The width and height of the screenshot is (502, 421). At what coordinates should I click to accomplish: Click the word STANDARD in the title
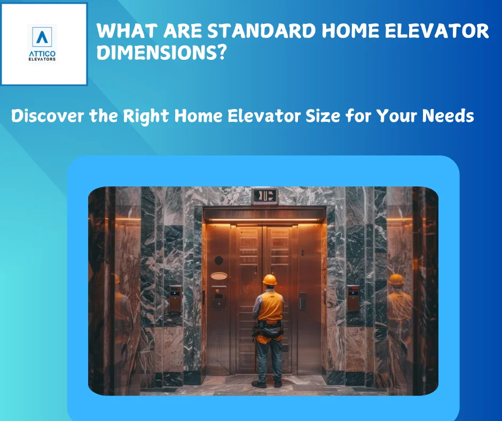[x=262, y=31]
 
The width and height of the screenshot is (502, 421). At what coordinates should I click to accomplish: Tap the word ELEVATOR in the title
[x=437, y=31]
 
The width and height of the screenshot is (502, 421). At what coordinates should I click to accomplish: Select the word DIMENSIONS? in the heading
[x=161, y=52]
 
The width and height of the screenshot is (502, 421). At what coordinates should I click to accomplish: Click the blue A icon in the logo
[x=42, y=37]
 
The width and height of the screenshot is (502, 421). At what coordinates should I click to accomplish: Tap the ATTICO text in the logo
[x=42, y=53]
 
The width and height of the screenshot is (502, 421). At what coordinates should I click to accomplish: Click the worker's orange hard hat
[x=269, y=280]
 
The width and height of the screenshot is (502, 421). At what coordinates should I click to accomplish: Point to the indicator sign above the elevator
[x=264, y=196]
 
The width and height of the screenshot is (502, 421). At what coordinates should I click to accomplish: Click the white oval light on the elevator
[x=219, y=276]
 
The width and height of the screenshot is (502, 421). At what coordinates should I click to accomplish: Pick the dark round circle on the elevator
[x=218, y=260]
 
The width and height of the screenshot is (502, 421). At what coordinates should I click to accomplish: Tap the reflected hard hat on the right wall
[x=396, y=279]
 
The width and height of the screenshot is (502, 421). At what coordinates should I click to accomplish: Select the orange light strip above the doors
[x=264, y=220]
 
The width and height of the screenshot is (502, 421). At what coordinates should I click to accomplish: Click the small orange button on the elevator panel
[x=217, y=291]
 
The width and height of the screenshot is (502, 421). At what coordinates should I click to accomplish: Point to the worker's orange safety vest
[x=271, y=306]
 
